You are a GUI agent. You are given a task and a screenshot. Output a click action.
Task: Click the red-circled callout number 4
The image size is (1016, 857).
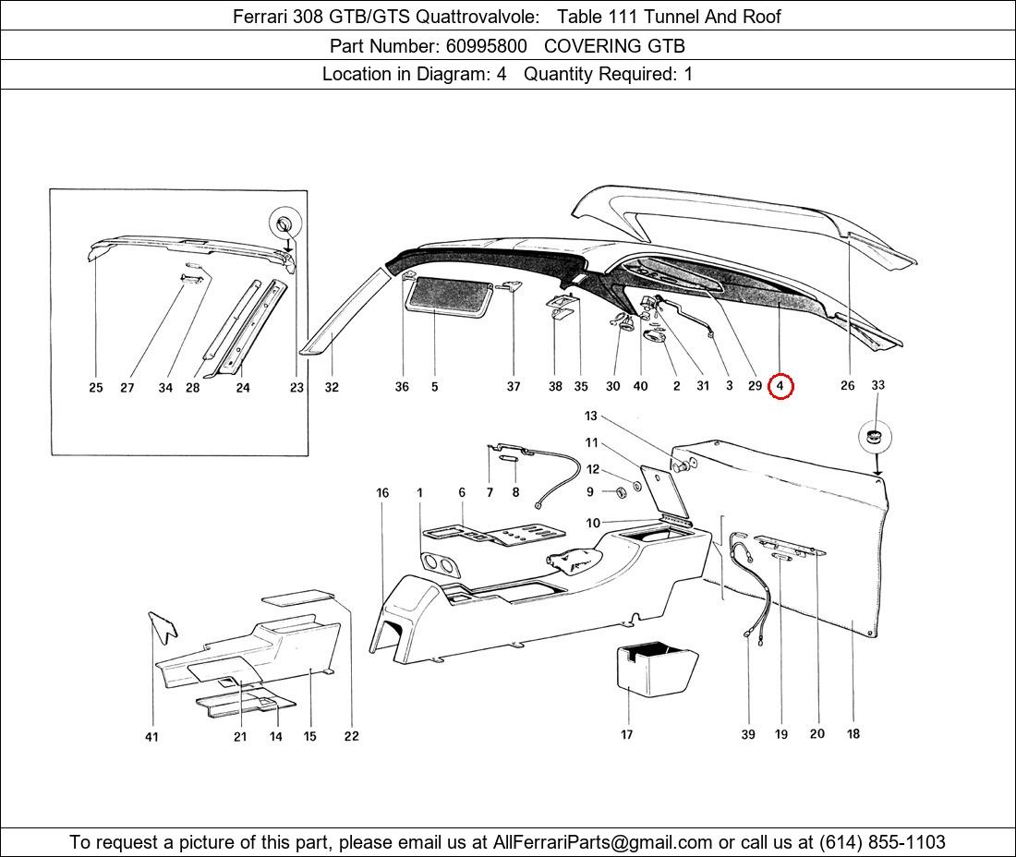(x=780, y=386)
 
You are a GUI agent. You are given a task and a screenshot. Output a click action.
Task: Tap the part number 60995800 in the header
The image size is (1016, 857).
(x=487, y=46)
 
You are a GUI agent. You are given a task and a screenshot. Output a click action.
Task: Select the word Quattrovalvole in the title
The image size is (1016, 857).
(x=477, y=17)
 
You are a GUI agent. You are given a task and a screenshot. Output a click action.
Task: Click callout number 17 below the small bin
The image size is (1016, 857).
(x=626, y=734)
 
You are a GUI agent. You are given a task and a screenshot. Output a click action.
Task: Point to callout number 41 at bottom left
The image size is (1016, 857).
(x=151, y=737)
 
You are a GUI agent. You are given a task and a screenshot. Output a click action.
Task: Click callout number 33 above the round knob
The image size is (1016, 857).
(x=877, y=385)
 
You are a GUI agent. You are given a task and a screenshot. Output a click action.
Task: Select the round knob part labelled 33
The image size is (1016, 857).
(x=875, y=437)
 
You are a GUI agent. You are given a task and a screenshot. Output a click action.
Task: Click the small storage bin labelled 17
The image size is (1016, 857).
(x=656, y=670)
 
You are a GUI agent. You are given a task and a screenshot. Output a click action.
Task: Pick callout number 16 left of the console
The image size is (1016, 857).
(x=382, y=493)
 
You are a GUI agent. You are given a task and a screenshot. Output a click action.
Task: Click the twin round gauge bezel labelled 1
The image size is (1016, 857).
(x=440, y=564)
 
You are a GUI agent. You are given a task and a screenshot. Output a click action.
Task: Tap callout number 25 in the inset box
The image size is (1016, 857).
(x=96, y=387)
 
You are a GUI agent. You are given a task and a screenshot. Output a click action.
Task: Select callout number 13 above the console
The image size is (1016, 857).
(x=590, y=416)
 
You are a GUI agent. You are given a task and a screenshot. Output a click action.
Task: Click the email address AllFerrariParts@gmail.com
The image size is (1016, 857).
(x=602, y=842)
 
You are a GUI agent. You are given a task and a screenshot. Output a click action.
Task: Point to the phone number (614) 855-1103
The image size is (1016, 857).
(x=882, y=842)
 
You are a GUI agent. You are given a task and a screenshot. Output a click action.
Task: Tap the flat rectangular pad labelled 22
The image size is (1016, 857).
(x=298, y=597)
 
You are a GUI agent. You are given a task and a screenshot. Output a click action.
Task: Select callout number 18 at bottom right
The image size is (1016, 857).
(x=853, y=733)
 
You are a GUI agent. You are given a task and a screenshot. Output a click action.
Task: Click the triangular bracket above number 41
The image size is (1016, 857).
(x=163, y=627)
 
